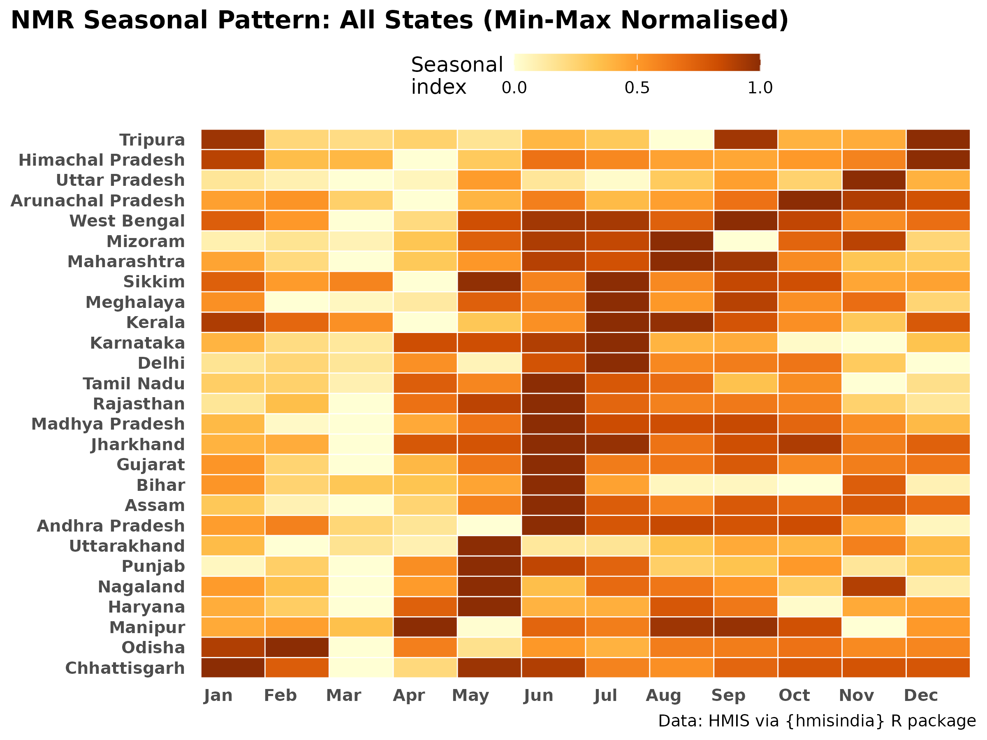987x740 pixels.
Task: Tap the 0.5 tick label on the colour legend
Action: [x=637, y=88]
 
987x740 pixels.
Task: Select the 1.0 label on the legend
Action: [x=760, y=88]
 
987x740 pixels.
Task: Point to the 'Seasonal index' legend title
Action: [x=457, y=76]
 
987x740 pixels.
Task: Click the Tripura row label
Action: [x=152, y=140]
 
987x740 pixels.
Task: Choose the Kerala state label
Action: [x=156, y=322]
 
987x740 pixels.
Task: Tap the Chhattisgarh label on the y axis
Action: [x=125, y=668]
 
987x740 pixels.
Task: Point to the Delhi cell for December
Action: [x=938, y=363]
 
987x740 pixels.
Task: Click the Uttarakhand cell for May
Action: [x=489, y=546]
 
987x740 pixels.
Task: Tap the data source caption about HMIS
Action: [x=817, y=721]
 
